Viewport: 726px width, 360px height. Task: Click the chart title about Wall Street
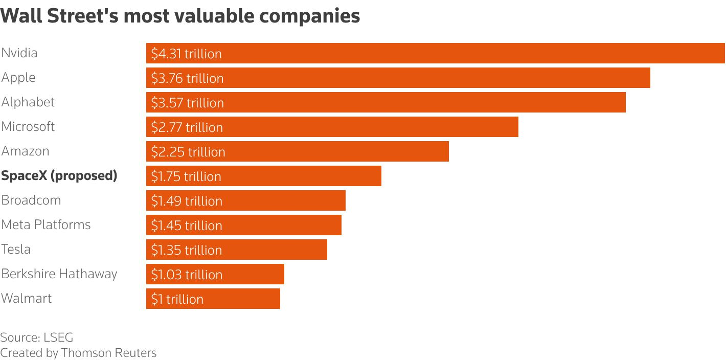tap(180, 16)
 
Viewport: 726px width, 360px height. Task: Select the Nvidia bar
tap(435, 53)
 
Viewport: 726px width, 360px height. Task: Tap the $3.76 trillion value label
tap(187, 78)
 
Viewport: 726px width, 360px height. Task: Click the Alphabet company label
tap(28, 102)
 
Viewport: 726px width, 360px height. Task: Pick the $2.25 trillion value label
tap(188, 152)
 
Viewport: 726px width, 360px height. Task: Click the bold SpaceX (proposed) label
tap(59, 176)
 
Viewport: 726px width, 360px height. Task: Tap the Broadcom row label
tap(31, 200)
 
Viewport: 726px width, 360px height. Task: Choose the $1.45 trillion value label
tap(186, 226)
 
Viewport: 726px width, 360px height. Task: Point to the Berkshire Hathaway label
tap(59, 274)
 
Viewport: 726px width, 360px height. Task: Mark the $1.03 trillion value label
tap(186, 275)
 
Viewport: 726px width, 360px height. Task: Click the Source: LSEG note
tap(36, 337)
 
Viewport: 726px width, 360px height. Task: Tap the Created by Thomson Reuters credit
tap(78, 353)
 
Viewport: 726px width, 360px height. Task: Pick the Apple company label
tap(18, 78)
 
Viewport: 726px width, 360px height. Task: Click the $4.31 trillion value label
tap(186, 54)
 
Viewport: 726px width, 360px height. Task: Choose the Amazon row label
tap(25, 151)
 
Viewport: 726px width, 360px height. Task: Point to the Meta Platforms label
tap(46, 225)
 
